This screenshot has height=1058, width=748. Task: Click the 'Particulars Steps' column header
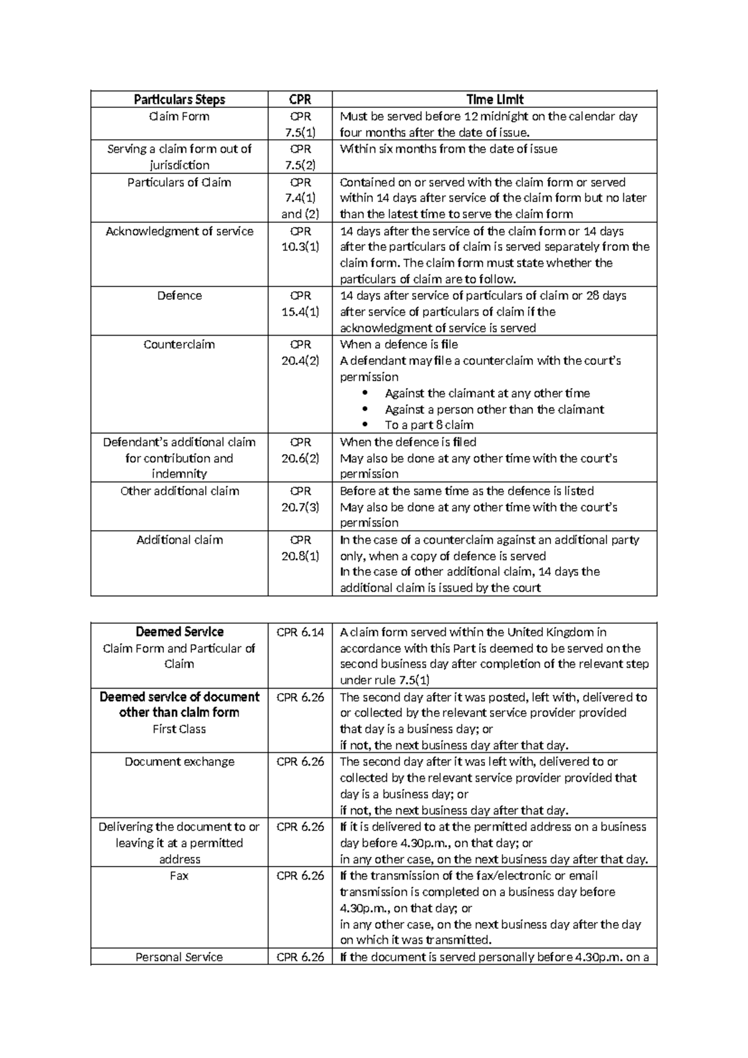coord(180,99)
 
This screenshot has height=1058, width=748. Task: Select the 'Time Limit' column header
coord(495,99)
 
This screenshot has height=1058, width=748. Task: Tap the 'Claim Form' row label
coord(180,117)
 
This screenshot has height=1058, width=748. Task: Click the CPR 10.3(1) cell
coord(300,239)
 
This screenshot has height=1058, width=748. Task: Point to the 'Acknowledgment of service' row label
coord(180,231)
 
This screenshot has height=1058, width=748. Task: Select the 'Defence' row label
coord(180,296)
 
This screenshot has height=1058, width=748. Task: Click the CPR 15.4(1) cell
coord(300,304)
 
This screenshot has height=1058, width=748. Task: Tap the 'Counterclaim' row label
coord(180,344)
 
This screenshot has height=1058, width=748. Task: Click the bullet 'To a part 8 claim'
coord(429,425)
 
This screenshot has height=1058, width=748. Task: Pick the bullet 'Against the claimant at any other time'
coord(487,394)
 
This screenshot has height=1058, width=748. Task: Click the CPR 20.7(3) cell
coord(300,499)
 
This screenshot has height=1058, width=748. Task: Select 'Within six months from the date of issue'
coord(448,149)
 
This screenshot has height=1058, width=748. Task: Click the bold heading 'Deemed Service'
coord(180,632)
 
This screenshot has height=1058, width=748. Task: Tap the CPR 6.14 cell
coord(300,632)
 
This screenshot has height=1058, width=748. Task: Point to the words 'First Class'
coord(180,729)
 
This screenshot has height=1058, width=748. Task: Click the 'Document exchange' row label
coord(180,762)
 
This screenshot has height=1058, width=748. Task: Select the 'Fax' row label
coord(180,876)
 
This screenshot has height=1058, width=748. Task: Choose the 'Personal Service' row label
coord(180,957)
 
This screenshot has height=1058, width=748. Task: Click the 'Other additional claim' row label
coord(180,491)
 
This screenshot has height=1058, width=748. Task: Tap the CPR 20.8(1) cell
coord(300,548)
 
